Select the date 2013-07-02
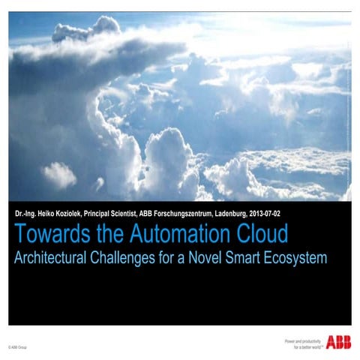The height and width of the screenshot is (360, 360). point(262,213)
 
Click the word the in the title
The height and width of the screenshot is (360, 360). point(109,234)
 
